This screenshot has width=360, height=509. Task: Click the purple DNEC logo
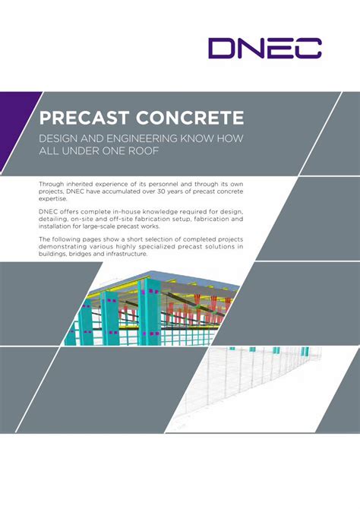(265, 48)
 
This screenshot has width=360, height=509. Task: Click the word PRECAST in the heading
(84, 118)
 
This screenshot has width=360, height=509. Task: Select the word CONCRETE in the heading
(190, 118)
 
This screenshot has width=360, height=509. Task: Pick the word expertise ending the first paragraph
(52, 199)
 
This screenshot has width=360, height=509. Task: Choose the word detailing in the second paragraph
(52, 219)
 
